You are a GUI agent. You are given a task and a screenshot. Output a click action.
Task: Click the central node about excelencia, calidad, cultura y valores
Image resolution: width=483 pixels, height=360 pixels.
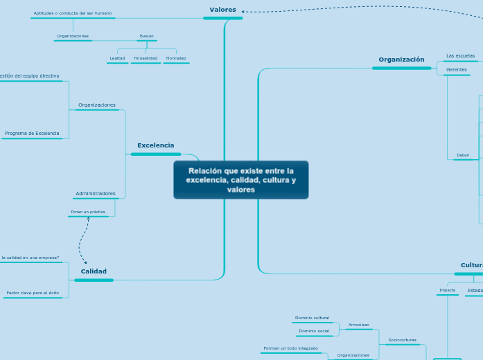(x=240, y=180)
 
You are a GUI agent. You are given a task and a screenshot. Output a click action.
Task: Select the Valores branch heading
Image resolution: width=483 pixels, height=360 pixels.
(x=222, y=10)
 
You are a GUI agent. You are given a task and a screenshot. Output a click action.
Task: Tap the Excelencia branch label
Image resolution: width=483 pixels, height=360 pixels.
(x=156, y=145)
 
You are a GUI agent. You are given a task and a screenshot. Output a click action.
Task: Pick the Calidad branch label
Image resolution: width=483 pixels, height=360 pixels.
(x=94, y=271)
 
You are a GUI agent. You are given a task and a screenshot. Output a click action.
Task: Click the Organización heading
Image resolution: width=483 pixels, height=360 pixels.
(x=401, y=60)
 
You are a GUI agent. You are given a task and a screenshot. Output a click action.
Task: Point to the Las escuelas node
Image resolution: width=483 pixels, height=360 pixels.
(x=460, y=55)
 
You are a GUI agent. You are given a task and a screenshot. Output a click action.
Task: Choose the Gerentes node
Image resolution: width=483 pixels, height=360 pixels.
(x=456, y=70)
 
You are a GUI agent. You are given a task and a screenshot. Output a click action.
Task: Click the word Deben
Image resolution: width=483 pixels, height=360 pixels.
(x=462, y=156)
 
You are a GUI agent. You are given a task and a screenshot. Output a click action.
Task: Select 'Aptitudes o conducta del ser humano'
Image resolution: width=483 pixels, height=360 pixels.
(x=73, y=13)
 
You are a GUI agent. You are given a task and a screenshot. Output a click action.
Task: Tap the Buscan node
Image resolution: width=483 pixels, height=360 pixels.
(x=147, y=36)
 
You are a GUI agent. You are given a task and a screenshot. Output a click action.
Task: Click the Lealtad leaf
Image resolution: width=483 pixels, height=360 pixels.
(x=117, y=58)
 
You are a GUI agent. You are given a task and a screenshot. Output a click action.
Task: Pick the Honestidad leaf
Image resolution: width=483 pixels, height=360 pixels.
(x=146, y=58)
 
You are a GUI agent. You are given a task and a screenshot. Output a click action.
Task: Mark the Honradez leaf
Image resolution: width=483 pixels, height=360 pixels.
(x=176, y=58)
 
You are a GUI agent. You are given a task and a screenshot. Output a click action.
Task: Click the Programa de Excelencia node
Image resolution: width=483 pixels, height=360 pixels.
(x=32, y=134)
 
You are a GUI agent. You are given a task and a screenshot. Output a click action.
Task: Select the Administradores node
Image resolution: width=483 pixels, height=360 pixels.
(x=96, y=194)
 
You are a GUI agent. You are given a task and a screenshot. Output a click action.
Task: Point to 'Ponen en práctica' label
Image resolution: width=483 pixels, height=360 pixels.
(x=88, y=212)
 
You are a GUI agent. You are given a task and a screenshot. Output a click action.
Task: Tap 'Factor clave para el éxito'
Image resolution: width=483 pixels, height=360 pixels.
(x=33, y=294)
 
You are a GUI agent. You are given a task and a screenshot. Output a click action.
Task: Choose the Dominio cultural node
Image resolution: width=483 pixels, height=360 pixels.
(x=312, y=318)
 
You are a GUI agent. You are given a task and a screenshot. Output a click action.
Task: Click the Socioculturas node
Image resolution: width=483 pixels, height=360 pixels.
(x=402, y=340)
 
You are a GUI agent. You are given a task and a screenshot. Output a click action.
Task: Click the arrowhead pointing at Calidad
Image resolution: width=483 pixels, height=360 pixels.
(x=85, y=262)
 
